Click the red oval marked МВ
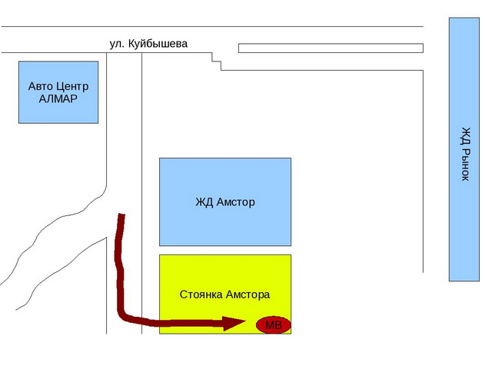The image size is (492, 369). [x=274, y=324]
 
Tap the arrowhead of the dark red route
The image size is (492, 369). [x=234, y=323]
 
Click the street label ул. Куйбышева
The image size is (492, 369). [x=148, y=44]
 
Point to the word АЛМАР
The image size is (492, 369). [x=58, y=99]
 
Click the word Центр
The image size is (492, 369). [x=71, y=87]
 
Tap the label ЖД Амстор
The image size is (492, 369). [x=225, y=201]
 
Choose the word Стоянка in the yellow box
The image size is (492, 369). [x=201, y=294]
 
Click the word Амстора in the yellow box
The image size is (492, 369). [x=248, y=294]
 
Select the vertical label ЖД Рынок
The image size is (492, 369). [x=466, y=154]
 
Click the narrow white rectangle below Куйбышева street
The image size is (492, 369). [x=331, y=48]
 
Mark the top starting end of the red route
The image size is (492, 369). [x=121, y=215]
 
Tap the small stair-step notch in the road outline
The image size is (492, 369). [x=217, y=61]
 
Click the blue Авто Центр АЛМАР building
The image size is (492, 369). [x=58, y=92]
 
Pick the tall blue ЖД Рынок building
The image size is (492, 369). [x=464, y=149]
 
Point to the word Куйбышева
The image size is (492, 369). [x=158, y=44]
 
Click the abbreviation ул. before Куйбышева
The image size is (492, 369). [x=117, y=45]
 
